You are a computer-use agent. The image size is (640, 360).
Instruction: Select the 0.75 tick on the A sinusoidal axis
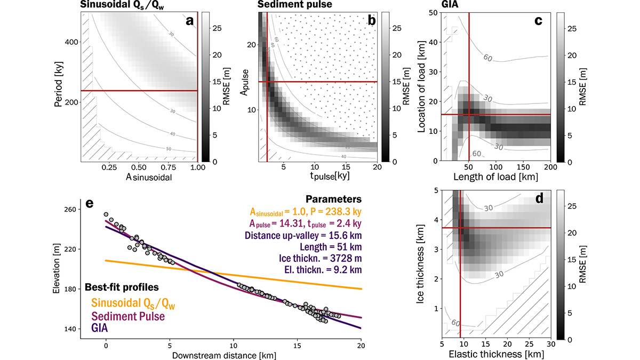tap(168, 167)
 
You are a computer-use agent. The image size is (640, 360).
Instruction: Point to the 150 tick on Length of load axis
tap(523, 167)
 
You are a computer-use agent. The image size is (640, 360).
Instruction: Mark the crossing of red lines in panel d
tap(460, 228)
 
